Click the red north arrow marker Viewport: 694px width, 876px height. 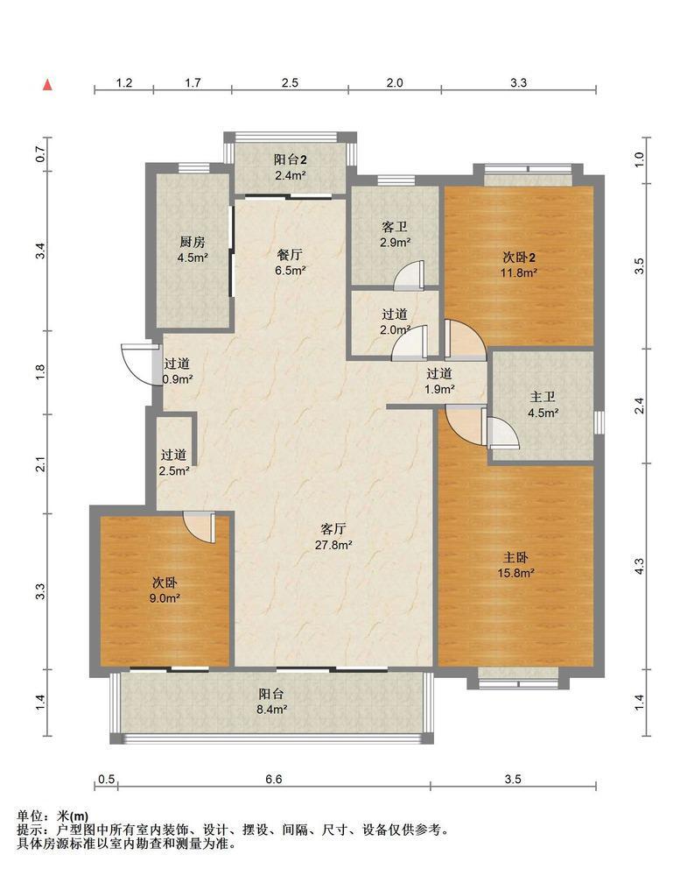[x=48, y=84]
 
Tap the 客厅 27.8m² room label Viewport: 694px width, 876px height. [x=333, y=537]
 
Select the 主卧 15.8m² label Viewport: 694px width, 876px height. [x=515, y=565]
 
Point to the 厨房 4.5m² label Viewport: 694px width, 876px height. [x=193, y=250]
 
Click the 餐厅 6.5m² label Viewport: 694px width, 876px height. [x=291, y=263]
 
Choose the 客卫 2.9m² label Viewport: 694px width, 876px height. [x=395, y=235]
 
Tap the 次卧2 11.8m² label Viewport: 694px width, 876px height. [x=519, y=265]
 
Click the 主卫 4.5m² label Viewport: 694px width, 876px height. [x=543, y=405]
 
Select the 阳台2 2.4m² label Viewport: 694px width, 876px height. [x=291, y=167]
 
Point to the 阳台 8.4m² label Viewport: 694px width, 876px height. [x=272, y=702]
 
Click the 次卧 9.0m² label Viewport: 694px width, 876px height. [x=165, y=590]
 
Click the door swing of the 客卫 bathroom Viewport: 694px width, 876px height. [x=410, y=276]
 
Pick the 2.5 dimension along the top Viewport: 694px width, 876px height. [x=290, y=82]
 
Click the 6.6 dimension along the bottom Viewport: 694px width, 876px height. [x=274, y=780]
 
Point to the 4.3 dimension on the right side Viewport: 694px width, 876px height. [x=640, y=567]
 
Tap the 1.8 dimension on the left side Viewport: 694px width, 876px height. [x=40, y=371]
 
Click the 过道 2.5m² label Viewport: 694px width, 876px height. [x=174, y=463]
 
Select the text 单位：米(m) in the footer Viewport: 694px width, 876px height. [x=53, y=816]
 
